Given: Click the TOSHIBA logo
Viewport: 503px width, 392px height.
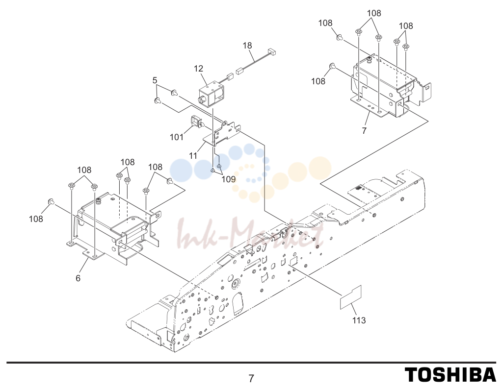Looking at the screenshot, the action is pos(450,375).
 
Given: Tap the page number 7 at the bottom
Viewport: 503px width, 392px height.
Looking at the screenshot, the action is pos(251,379).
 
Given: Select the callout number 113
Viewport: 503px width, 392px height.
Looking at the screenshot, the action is pos(359,320).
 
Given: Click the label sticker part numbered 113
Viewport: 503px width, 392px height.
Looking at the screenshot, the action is pos(351,297).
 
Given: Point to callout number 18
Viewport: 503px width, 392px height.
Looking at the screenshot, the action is pos(247,46).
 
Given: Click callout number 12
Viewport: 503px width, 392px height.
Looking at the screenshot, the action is pos(199,69).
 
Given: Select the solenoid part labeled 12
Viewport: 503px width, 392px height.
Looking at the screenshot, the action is pos(212,94).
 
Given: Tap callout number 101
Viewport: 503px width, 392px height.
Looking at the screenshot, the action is pos(177,137).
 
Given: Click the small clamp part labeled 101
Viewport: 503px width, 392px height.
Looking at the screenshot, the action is pos(196,122).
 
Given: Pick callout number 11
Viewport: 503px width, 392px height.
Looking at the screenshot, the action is pos(193,156).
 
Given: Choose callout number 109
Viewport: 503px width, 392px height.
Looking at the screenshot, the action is pos(228,179).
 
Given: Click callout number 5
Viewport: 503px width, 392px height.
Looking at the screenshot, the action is pos(155,80).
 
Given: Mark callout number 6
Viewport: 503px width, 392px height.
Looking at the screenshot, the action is pos(78,278).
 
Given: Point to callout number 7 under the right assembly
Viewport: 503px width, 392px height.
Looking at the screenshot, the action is pos(364,131).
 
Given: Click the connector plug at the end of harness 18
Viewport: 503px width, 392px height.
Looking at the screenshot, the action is pos(272,51).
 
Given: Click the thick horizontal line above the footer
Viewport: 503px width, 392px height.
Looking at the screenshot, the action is pos(251,363).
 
